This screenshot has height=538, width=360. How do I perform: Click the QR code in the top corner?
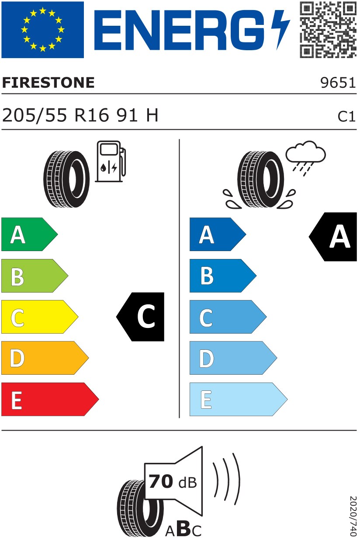328,30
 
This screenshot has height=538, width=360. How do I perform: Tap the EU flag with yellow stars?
43,30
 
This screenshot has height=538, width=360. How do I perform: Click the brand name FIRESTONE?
48,83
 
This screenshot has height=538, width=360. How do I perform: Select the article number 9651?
338,83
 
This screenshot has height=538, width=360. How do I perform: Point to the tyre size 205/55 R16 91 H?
80,115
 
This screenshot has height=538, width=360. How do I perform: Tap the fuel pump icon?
111,162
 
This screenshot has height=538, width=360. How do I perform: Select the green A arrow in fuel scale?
30,234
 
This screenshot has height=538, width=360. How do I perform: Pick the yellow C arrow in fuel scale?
40,317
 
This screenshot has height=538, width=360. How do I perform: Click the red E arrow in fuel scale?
50,400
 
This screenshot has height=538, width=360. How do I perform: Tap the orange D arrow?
45,358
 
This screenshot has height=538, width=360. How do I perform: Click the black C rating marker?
140,317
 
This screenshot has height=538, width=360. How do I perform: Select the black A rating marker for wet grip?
333,237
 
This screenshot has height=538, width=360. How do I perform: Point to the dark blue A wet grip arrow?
218,234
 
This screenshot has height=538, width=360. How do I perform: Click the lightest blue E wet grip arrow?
239,400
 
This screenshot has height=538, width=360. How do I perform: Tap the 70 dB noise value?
173,481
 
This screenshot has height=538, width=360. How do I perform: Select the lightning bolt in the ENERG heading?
280,30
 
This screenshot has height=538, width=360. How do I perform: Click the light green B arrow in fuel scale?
35,276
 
